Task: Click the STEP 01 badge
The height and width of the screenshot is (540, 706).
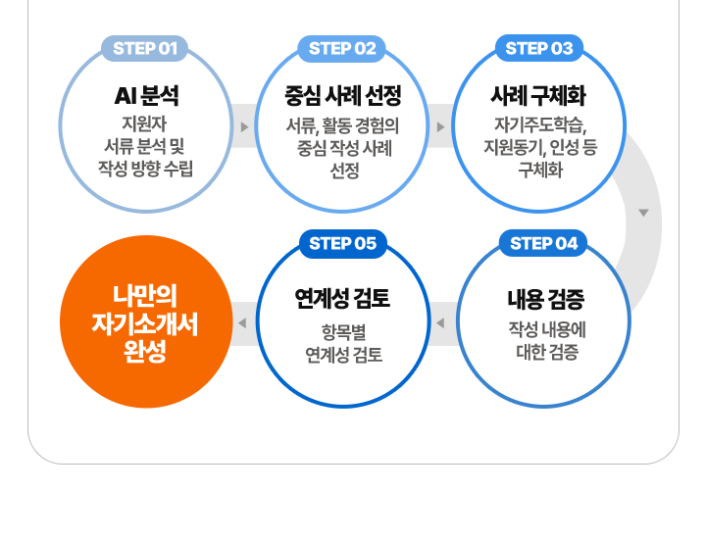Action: coord(144,48)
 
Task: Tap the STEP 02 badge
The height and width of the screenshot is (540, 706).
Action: coord(342,48)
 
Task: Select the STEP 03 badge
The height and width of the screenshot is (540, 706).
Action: coord(538,48)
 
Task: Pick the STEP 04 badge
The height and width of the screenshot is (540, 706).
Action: coord(544,244)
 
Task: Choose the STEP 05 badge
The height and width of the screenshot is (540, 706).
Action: coord(342,244)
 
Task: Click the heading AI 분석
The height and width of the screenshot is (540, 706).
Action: coord(146,96)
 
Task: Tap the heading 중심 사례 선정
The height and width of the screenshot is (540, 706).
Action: coord(343,96)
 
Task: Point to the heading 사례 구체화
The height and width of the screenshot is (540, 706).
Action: coord(538,96)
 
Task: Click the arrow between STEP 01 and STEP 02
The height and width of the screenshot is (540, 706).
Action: coord(244,126)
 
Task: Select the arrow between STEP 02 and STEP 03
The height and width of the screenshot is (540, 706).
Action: coord(440,126)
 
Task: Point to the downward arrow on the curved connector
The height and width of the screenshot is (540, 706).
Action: coord(643,213)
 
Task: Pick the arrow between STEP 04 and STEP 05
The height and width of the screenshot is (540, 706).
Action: coord(440,322)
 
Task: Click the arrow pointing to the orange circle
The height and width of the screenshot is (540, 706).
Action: coord(240,322)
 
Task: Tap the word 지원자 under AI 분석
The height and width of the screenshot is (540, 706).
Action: coord(144,124)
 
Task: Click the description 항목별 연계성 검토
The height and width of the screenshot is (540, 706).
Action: coord(343,341)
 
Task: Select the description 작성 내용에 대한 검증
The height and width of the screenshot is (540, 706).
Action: coord(546,339)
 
